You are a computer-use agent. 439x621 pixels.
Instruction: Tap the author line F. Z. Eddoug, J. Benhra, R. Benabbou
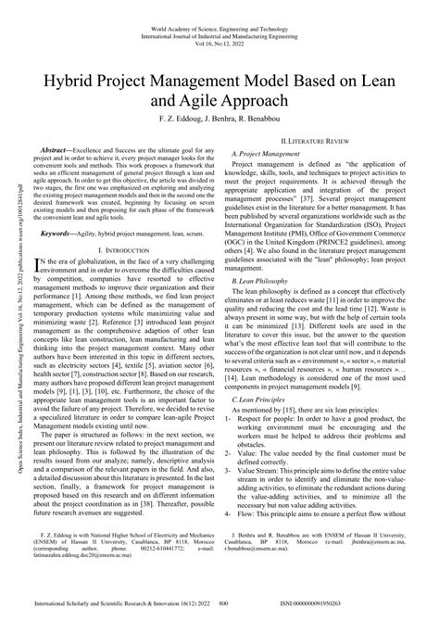(219, 120)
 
